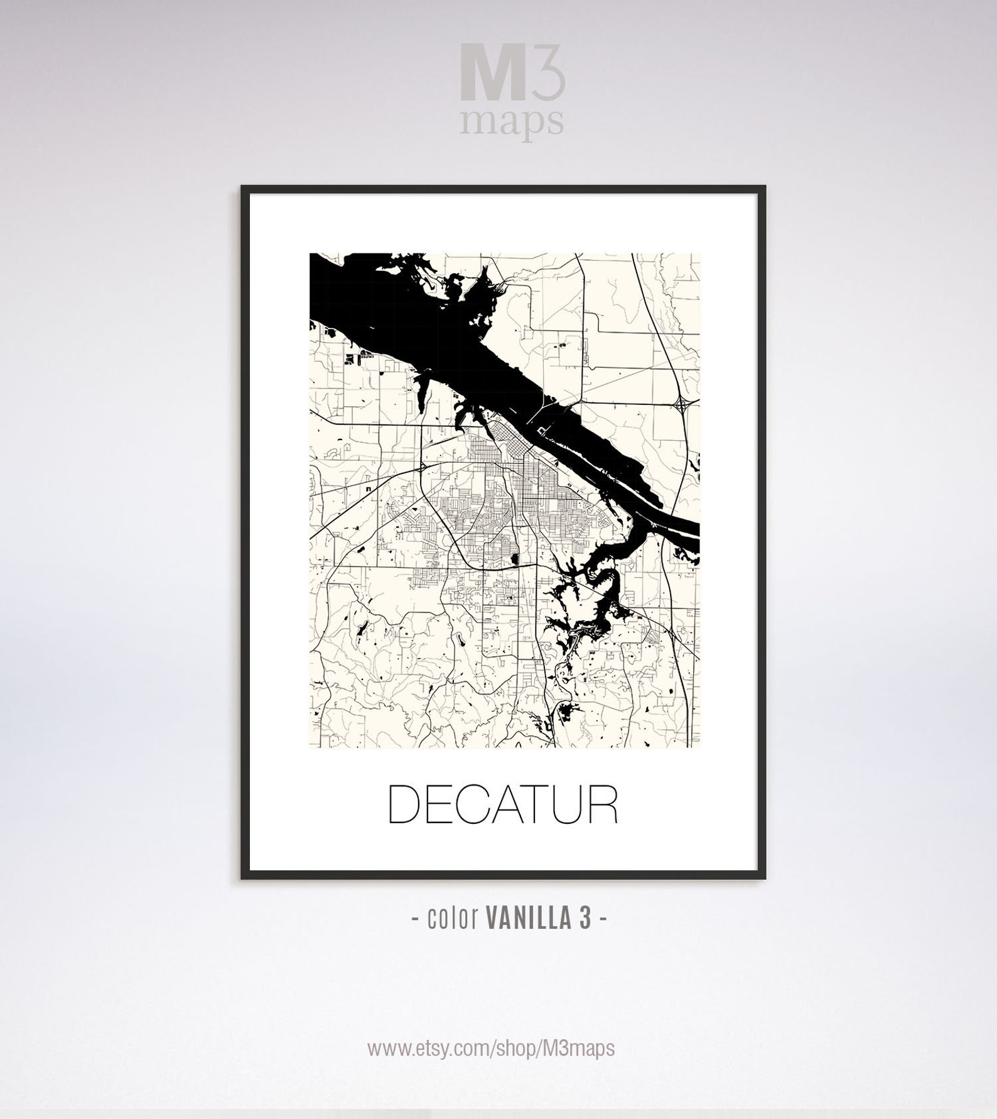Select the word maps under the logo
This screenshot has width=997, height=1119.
[510, 121]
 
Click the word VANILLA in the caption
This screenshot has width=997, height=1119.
[528, 919]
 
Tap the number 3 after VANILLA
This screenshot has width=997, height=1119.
[585, 919]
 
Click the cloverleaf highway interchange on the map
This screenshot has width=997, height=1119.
[683, 406]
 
